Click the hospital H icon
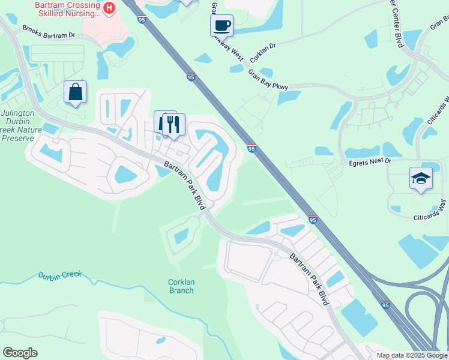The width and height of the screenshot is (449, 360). (109, 8)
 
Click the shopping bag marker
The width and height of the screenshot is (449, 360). (75, 92)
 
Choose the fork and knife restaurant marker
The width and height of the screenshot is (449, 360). (173, 124)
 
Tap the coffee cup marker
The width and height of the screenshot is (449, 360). (221, 25)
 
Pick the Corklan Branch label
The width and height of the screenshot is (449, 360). (181, 286)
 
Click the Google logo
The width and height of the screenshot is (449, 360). (20, 353)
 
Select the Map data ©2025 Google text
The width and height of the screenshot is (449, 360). (412, 355)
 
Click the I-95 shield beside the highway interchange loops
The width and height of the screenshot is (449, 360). (385, 304)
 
